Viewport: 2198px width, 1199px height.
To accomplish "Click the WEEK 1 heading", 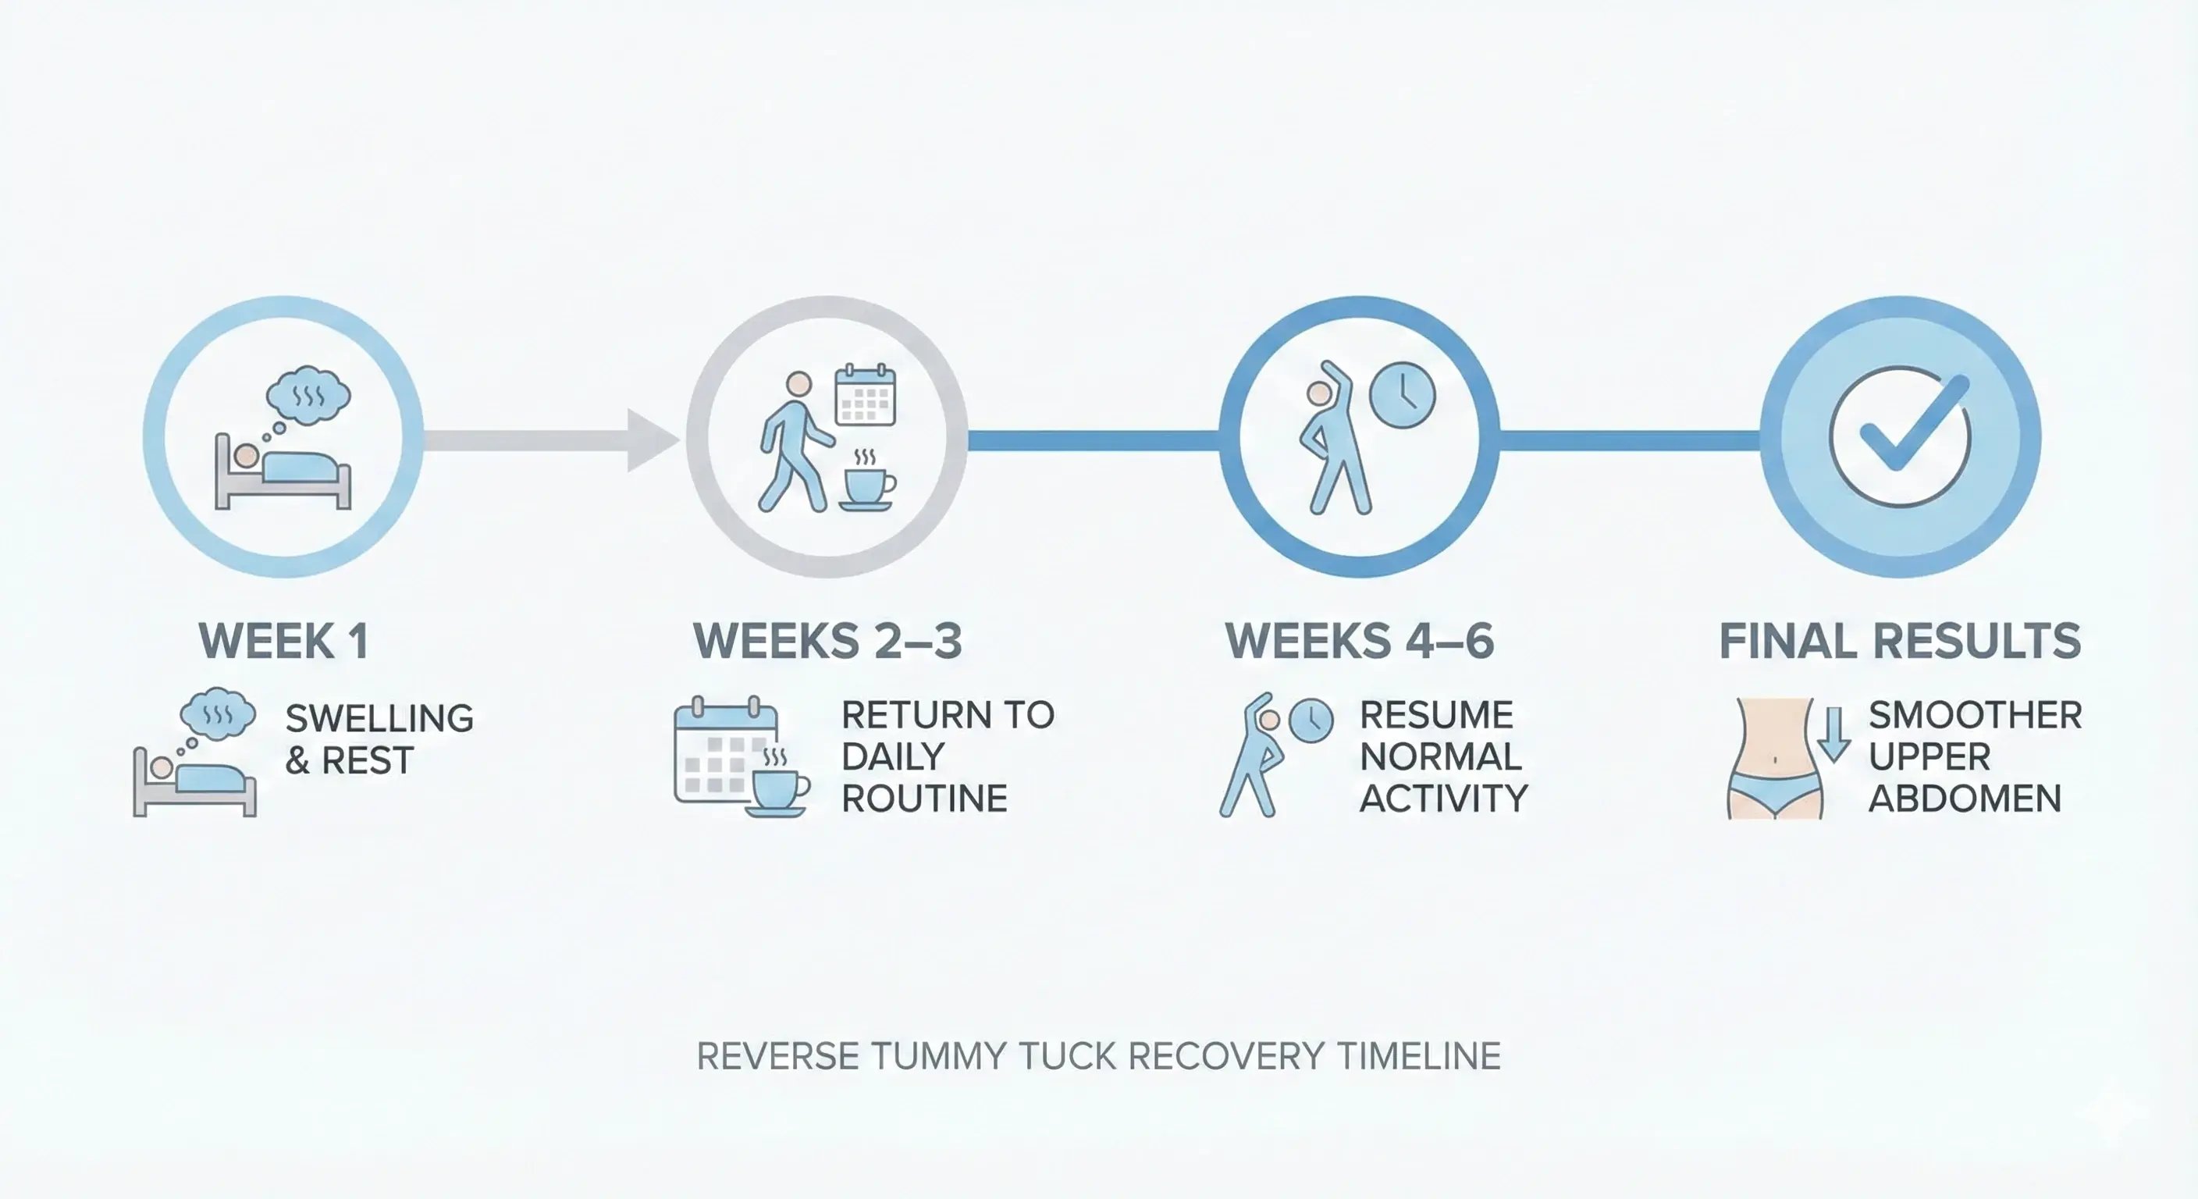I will (x=283, y=641).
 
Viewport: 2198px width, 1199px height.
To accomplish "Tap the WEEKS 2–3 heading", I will (x=827, y=641).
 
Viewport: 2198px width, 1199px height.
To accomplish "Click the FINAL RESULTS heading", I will (x=1899, y=641).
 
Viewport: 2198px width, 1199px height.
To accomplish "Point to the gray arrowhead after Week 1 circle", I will (x=650, y=440).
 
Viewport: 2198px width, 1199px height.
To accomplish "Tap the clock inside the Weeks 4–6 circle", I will (x=1402, y=395).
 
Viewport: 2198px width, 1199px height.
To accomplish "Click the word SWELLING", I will (x=379, y=719).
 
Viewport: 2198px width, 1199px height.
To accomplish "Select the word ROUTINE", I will (x=924, y=799).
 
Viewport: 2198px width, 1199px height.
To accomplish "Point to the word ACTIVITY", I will (x=1443, y=799).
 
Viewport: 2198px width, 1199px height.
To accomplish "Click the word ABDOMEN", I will (x=1964, y=799).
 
